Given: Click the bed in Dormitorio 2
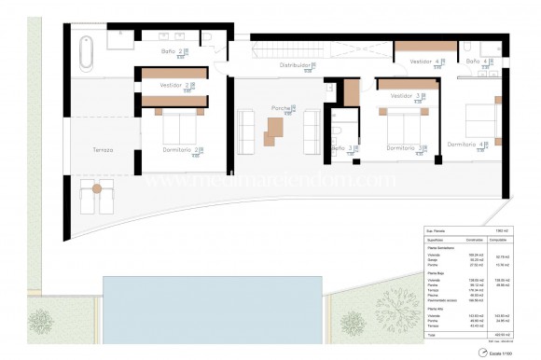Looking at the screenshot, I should pyautogui.click(x=177, y=126).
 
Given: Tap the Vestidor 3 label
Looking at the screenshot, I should pyautogui.click(x=403, y=95).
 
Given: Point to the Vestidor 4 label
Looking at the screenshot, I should pyautogui.click(x=424, y=62).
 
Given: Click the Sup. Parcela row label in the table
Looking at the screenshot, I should pyautogui.click(x=436, y=228).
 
